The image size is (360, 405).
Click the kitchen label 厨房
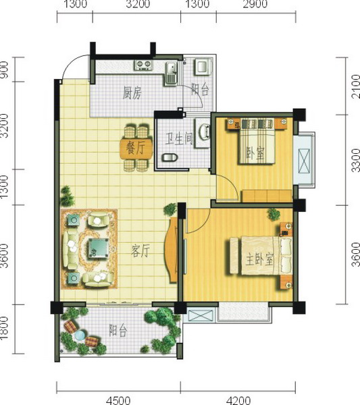click(x=132, y=93)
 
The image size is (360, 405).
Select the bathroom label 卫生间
click(x=179, y=139)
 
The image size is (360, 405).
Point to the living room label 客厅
click(x=140, y=251)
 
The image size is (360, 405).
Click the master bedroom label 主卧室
click(x=259, y=259)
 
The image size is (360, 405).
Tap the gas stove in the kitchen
click(x=143, y=65)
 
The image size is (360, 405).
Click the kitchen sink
click(x=171, y=74)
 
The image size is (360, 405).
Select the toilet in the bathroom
click(x=170, y=157)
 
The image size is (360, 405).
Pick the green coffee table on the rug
click(x=99, y=248)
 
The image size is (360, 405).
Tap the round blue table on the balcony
click(x=80, y=335)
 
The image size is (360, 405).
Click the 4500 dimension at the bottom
click(x=118, y=400)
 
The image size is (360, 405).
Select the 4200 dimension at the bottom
click(x=238, y=400)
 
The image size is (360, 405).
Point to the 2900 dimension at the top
click(x=255, y=4)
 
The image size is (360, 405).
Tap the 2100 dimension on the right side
click(x=355, y=86)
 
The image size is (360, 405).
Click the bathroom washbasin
click(x=203, y=132)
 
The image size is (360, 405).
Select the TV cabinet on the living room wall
click(x=171, y=250)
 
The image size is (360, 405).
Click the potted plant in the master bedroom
click(x=274, y=214)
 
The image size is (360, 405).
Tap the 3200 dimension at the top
click(x=138, y=4)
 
